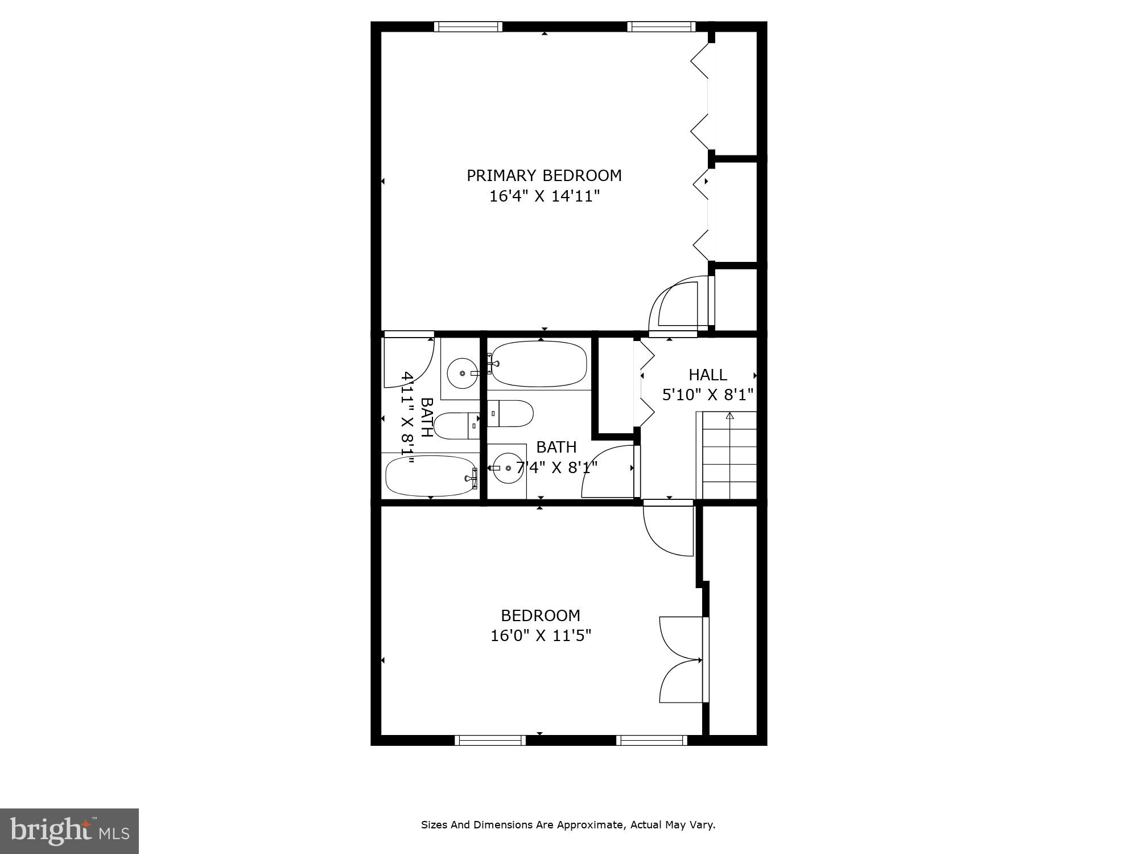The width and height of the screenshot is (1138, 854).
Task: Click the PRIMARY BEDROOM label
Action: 544,175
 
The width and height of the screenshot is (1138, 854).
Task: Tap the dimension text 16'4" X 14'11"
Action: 545,196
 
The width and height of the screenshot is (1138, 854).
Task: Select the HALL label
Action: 707,375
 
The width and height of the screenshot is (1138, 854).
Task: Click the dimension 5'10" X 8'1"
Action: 707,394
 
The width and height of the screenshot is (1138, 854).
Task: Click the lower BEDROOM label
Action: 540,615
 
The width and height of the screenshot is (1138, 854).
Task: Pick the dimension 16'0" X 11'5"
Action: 541,635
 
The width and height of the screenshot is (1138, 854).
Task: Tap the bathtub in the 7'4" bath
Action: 539,364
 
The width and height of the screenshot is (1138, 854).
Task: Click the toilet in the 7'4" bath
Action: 510,413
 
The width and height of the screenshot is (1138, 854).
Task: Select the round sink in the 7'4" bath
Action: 507,468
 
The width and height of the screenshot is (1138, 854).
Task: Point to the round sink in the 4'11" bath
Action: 462,373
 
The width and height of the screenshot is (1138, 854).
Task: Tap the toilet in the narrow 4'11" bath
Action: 457,426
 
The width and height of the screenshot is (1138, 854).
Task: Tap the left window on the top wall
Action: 468,26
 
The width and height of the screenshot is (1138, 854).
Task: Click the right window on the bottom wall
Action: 652,740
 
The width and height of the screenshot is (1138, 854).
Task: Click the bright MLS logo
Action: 69,831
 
